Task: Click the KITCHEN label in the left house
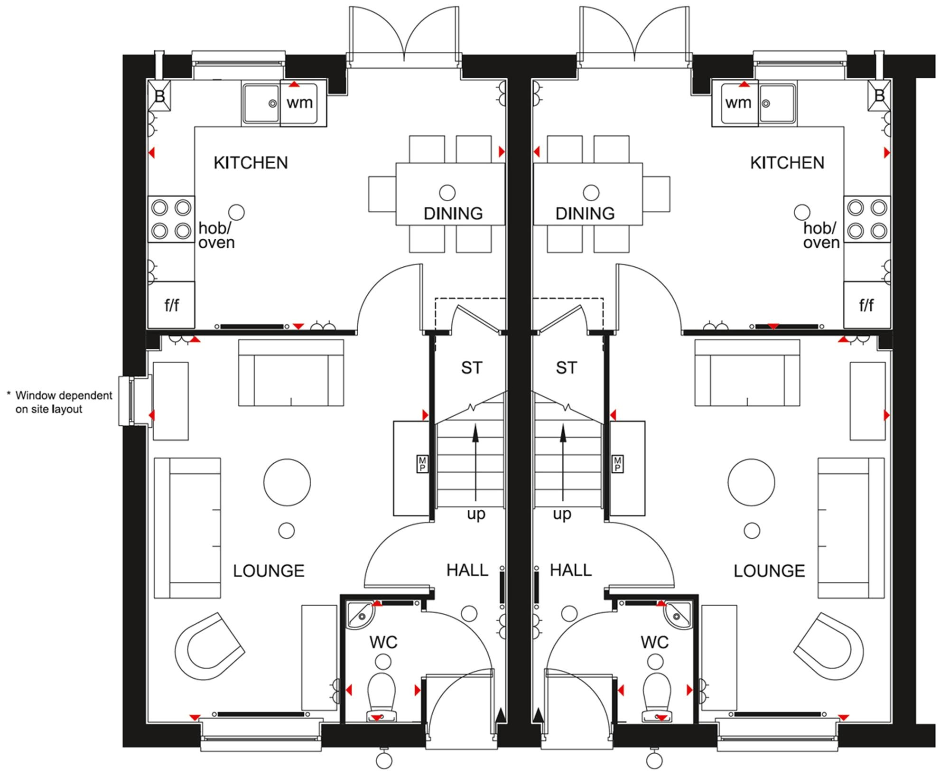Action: (251, 163)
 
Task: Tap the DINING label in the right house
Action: (585, 214)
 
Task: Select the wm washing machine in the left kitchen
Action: (303, 103)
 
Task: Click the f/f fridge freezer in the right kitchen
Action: (867, 305)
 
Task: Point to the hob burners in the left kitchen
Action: (171, 219)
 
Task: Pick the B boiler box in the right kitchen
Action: (879, 95)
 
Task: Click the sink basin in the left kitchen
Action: (261, 103)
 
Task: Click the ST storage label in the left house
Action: (472, 368)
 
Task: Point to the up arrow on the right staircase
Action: (563, 462)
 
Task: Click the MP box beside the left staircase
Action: (422, 464)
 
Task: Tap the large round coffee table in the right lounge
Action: (751, 482)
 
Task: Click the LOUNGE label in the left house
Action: (269, 571)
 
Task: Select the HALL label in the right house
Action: (571, 570)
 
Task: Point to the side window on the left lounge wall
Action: (135, 401)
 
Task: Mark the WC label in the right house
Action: (654, 642)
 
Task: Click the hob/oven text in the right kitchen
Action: (821, 235)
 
